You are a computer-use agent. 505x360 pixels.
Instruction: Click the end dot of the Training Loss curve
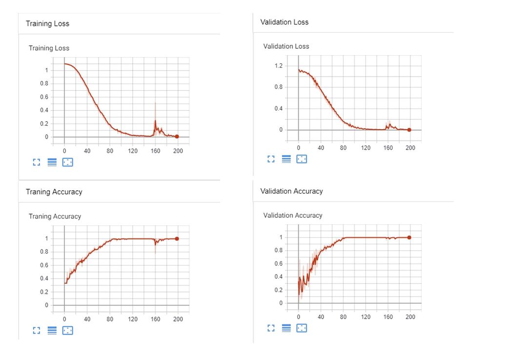tap(177, 137)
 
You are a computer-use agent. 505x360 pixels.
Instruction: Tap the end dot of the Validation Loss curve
tap(409, 130)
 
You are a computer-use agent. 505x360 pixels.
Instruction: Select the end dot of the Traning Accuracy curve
tap(177, 239)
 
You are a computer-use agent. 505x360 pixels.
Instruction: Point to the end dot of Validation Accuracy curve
tap(409, 238)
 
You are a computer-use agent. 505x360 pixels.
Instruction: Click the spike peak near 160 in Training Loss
tap(155, 103)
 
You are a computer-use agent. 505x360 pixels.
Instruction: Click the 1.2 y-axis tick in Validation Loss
tap(278, 66)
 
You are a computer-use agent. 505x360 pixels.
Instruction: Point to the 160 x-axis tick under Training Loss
tap(155, 151)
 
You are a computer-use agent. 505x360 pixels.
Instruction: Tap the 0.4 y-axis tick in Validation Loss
tap(278, 108)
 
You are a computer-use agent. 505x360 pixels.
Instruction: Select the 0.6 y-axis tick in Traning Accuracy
tap(44, 265)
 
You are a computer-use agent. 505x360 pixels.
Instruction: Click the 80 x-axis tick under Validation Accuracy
tap(343, 317)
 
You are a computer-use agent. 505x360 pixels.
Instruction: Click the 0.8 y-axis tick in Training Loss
tap(44, 83)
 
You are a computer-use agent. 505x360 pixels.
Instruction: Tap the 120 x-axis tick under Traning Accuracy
tap(133, 320)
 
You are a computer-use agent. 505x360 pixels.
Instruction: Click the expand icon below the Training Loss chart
tap(36, 162)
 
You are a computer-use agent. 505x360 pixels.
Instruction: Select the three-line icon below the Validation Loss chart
tap(286, 159)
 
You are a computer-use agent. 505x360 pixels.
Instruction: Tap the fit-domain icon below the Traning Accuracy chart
tap(68, 330)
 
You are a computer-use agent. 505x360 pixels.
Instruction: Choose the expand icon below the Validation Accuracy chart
tap(271, 328)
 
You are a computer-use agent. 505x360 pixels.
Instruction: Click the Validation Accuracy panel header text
tap(291, 191)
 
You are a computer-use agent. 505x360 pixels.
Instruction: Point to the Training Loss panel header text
tap(47, 23)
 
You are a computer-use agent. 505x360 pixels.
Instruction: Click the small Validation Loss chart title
tap(286, 46)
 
